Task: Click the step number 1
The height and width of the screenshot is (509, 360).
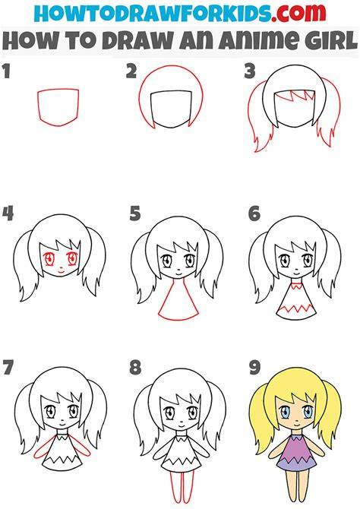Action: tap(7, 71)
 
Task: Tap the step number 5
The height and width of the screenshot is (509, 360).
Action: tap(135, 214)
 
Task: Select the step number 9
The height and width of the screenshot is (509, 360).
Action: tap(255, 368)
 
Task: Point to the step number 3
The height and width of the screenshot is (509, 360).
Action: tap(250, 71)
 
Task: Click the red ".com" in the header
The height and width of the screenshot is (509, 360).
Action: tap(298, 14)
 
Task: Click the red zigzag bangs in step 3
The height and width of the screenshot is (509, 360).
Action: tap(295, 96)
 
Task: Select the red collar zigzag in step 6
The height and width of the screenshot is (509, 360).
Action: tap(295, 286)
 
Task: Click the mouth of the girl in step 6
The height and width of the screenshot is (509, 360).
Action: tap(296, 270)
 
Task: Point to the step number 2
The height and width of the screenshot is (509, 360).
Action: tap(131, 71)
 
